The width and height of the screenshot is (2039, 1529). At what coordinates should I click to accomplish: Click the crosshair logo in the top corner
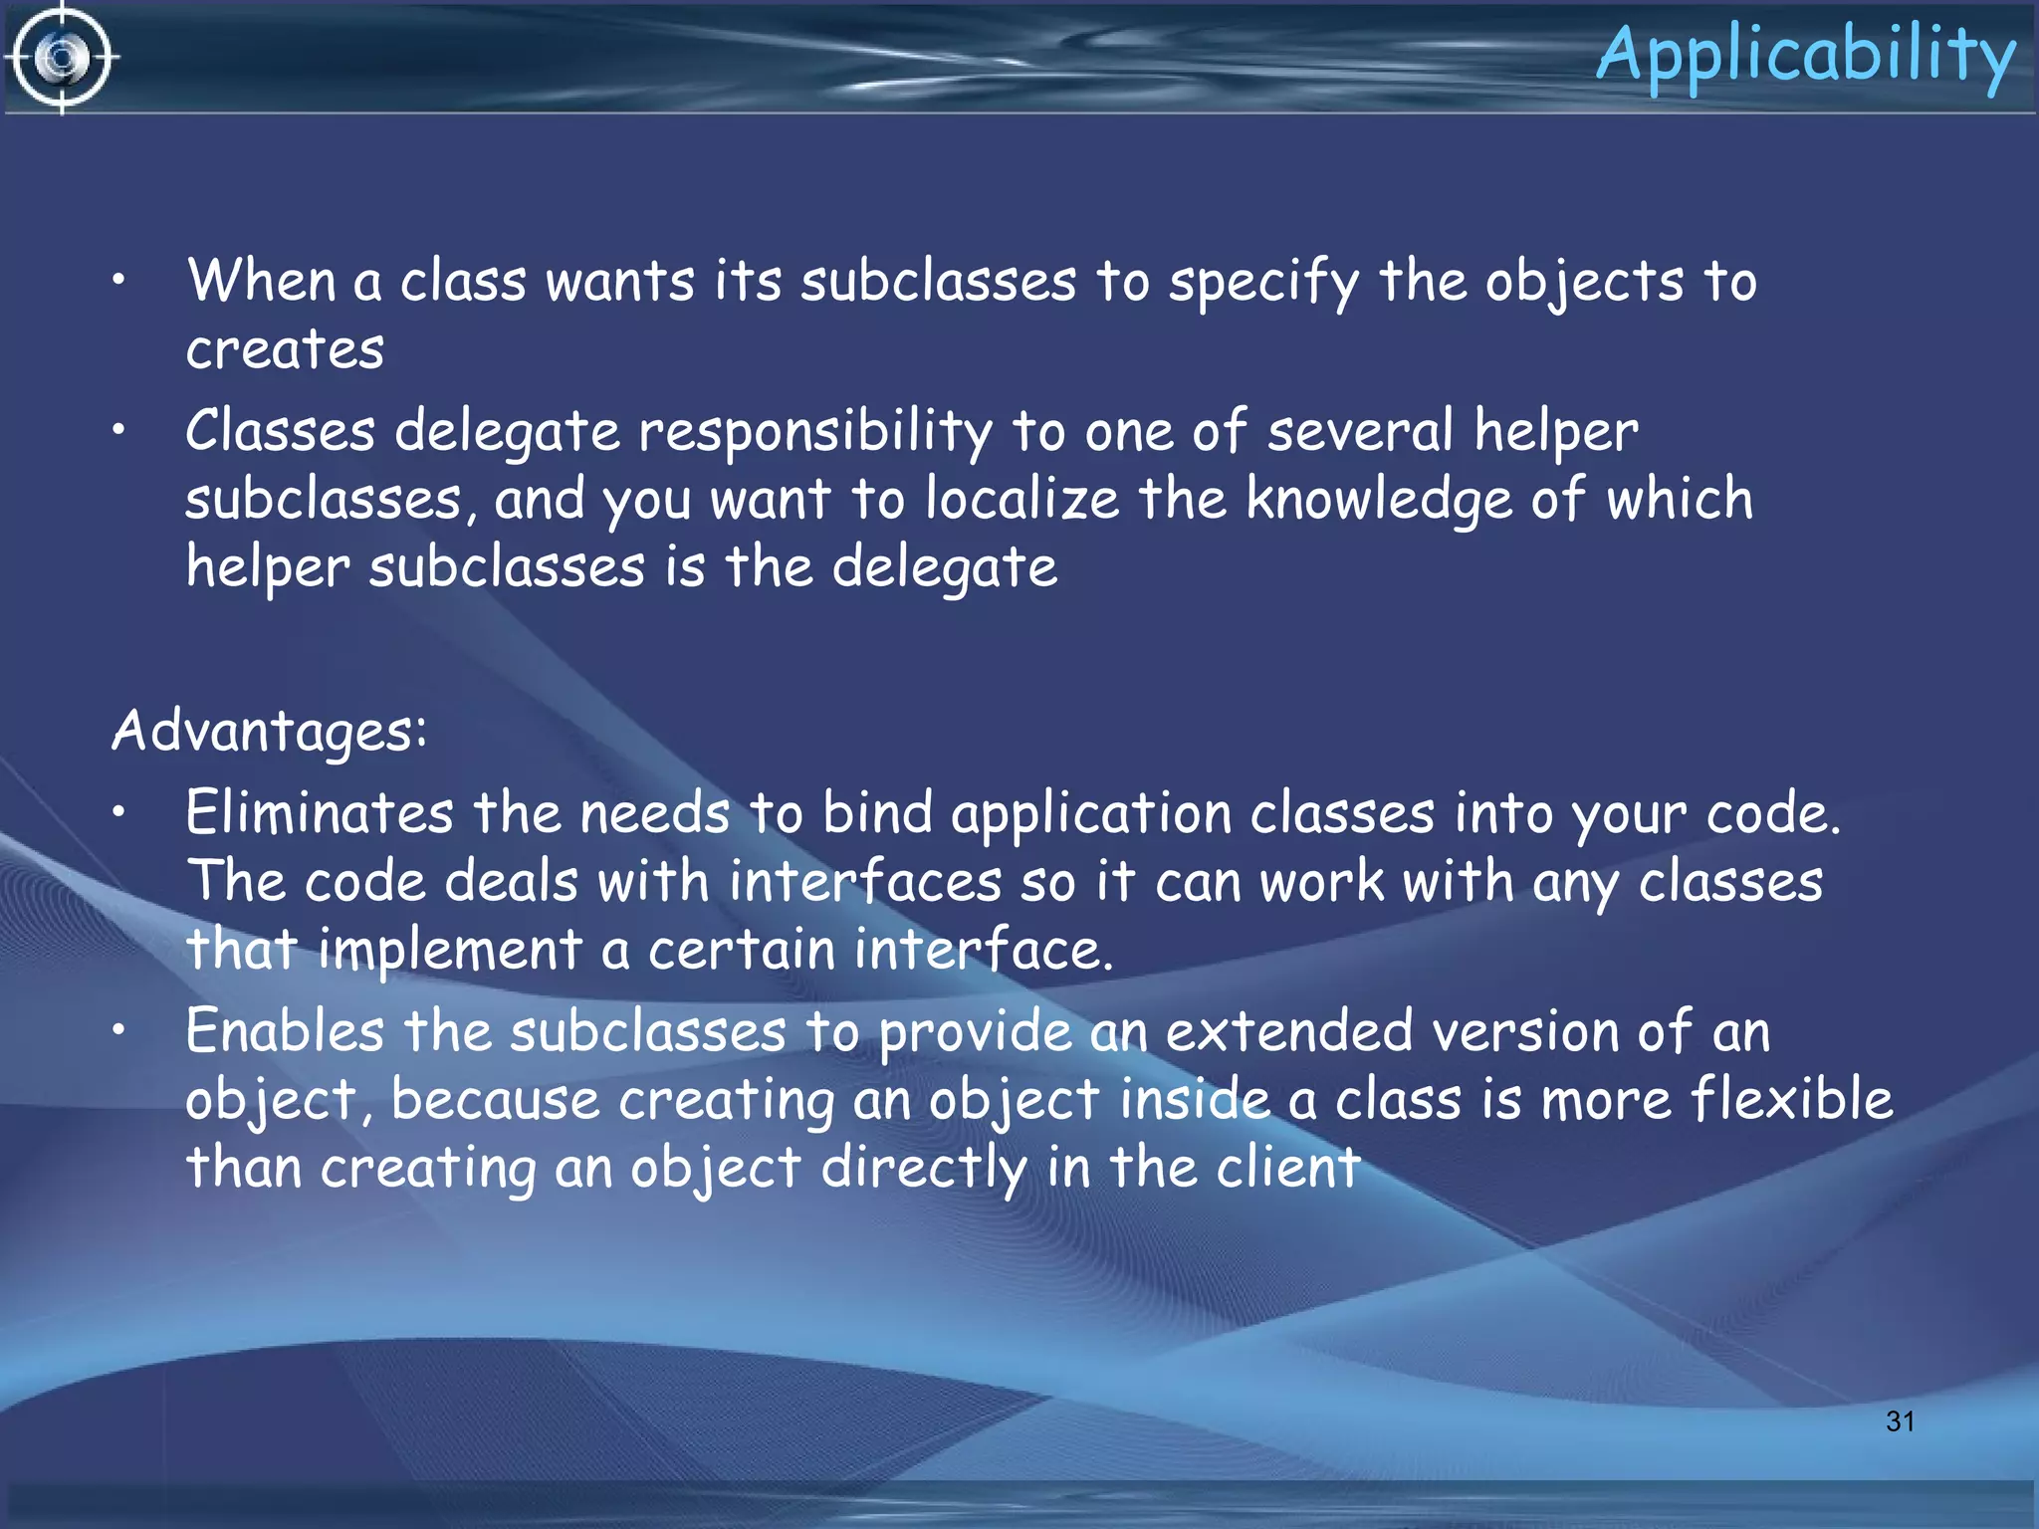point(62,58)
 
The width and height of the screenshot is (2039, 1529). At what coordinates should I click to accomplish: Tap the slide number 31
point(1900,1421)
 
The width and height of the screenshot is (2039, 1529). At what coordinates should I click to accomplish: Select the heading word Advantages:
point(270,732)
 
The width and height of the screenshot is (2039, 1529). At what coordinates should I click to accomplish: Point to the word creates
point(285,349)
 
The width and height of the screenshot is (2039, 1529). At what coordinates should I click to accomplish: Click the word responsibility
point(814,433)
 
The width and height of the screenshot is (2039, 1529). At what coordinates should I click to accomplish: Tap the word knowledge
point(1379,501)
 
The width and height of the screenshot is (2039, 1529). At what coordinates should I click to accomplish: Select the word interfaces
point(865,882)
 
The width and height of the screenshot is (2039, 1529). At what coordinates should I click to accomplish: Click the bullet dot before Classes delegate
point(118,430)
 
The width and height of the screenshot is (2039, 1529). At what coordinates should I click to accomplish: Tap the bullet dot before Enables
point(118,1030)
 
